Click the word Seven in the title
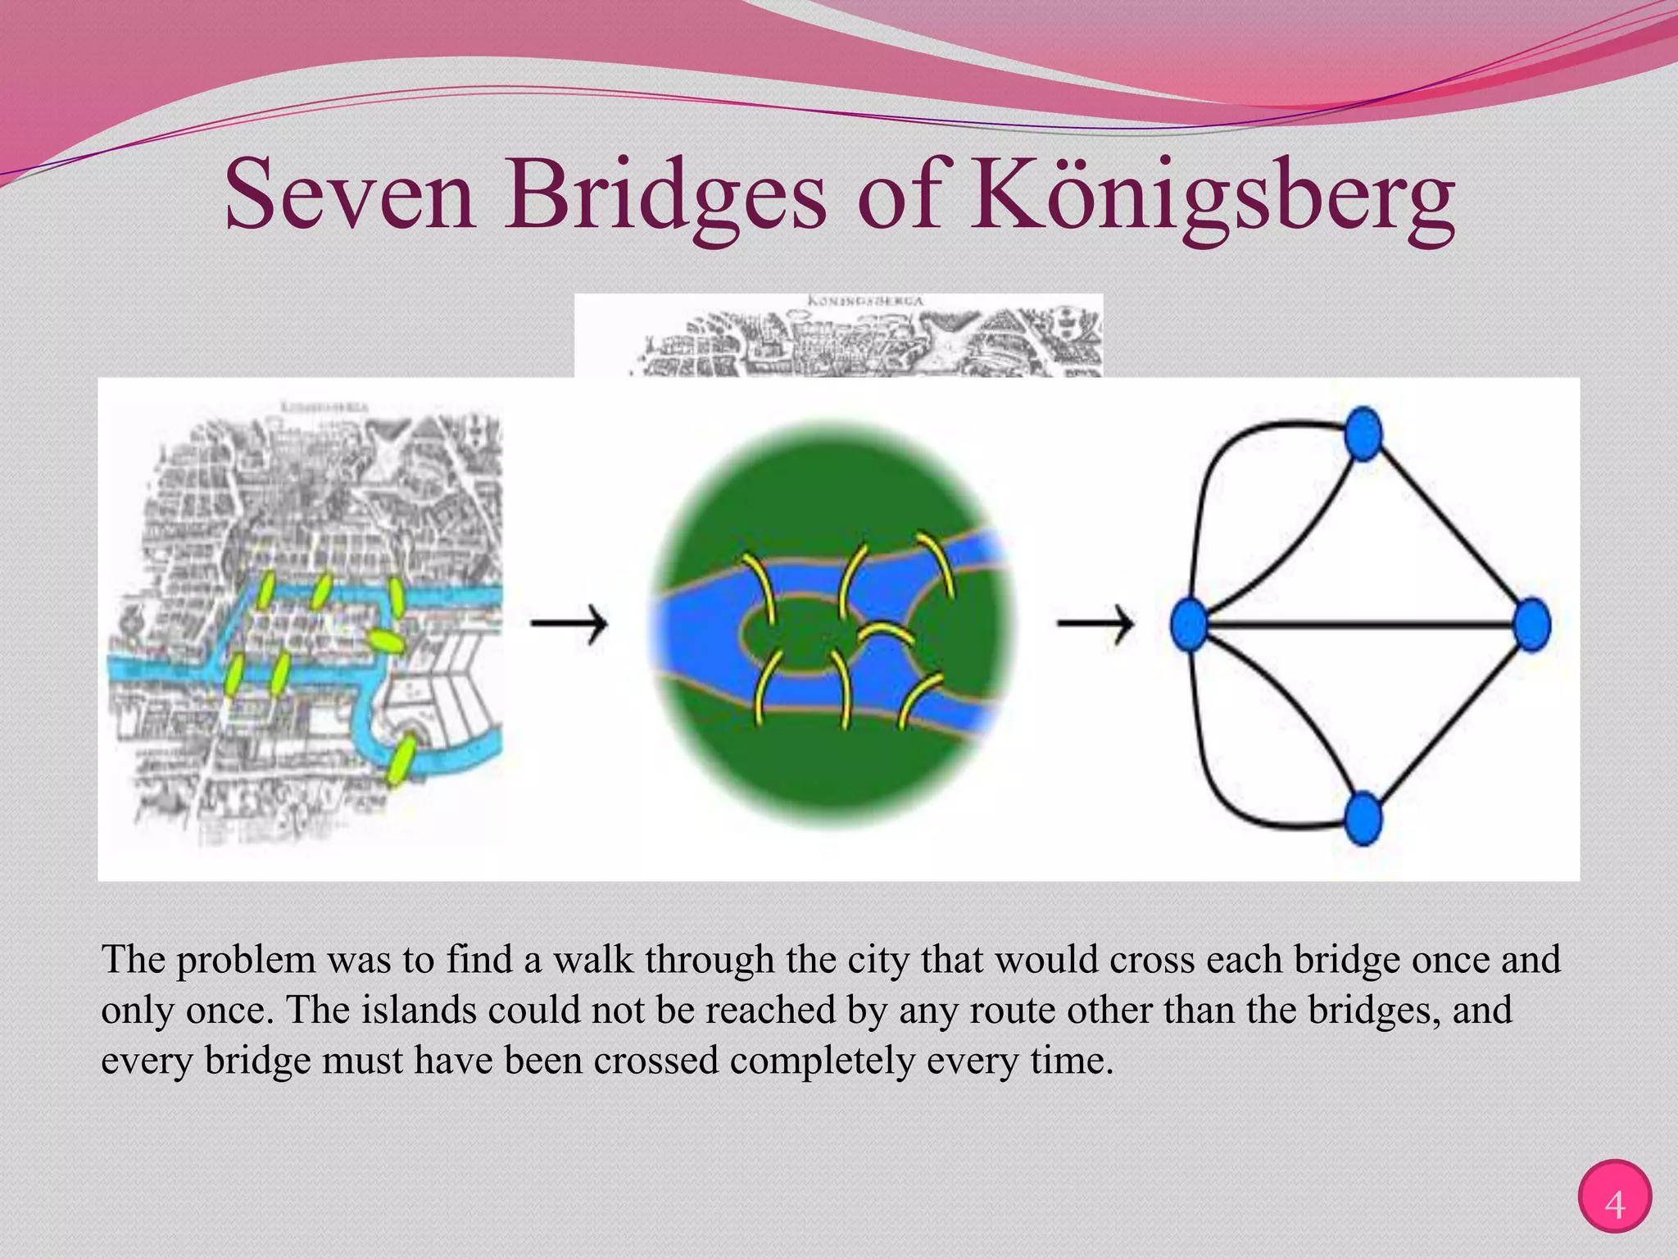pos(349,197)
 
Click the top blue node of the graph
pos(1363,434)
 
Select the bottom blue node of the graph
pos(1363,818)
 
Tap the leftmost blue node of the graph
pos(1189,625)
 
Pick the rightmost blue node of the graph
pos(1531,625)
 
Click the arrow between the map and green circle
pos(569,625)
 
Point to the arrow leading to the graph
pos(1095,625)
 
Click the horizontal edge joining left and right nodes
pos(1360,625)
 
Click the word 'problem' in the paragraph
pos(246,960)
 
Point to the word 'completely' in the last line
pos(822,1061)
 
